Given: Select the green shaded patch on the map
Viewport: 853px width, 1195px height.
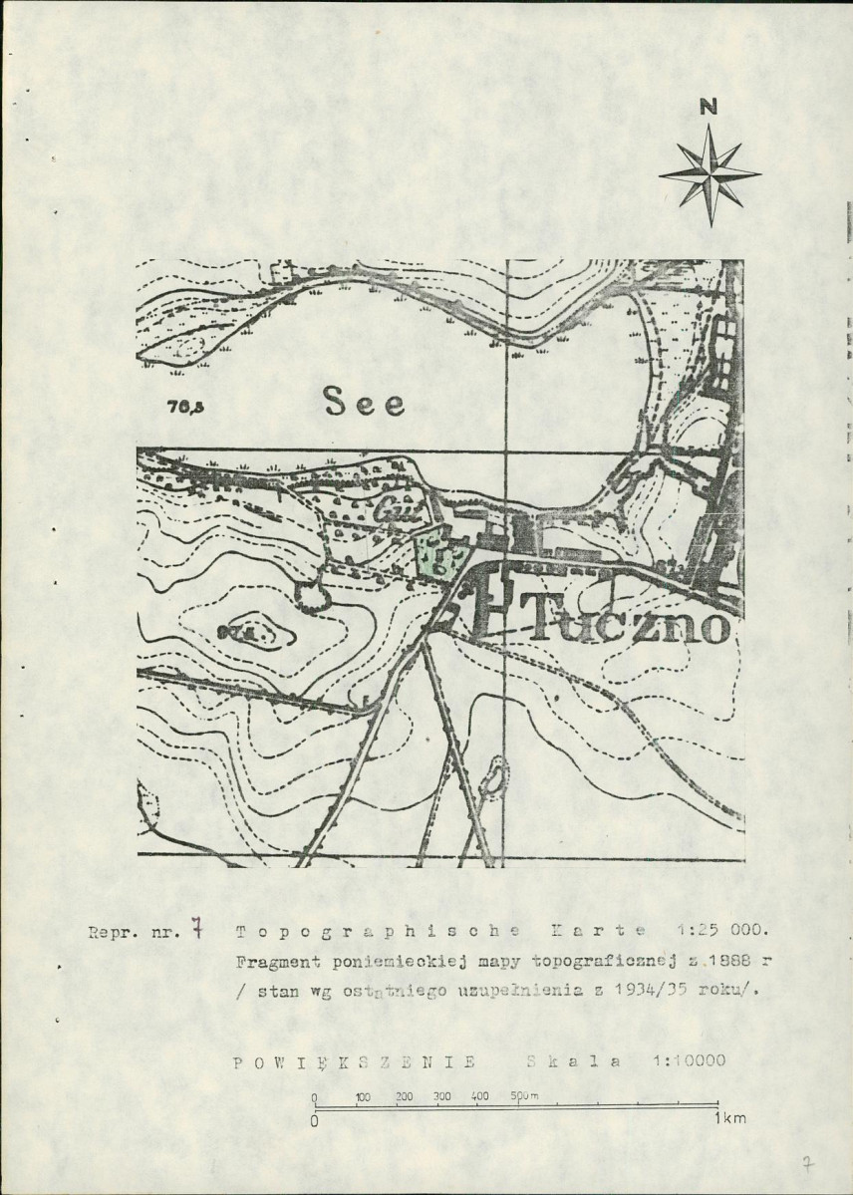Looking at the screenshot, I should [x=432, y=553].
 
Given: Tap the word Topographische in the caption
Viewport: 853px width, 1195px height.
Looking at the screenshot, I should [x=378, y=933].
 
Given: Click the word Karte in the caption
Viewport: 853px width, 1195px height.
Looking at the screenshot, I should [x=595, y=933].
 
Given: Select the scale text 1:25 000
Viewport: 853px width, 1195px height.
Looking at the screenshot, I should [x=720, y=933].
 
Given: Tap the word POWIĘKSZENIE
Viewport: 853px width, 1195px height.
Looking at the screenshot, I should [x=355, y=1061].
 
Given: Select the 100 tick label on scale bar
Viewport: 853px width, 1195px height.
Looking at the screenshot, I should [x=362, y=1096].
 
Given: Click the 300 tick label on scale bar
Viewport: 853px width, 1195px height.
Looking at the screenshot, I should [x=441, y=1096].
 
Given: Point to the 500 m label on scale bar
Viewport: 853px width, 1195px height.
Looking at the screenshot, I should [x=524, y=1096].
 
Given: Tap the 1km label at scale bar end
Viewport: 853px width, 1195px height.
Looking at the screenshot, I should [x=729, y=1118].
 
